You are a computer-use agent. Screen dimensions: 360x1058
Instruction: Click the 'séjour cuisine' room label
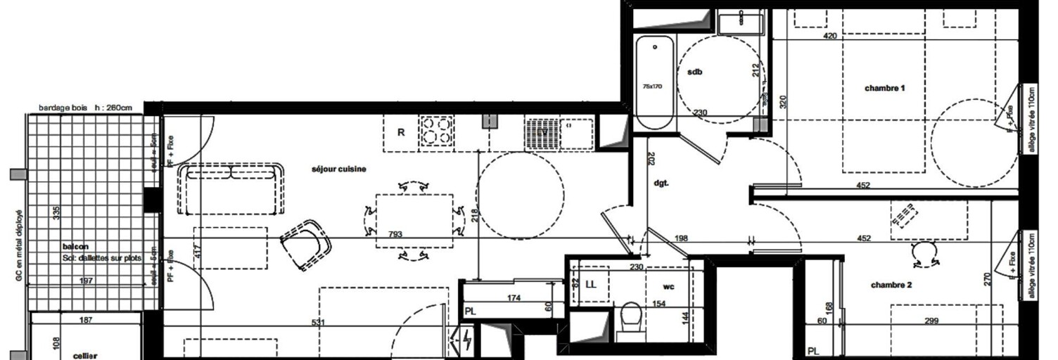pyautogui.click(x=340, y=169)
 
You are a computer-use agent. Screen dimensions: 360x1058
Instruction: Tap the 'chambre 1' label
pyautogui.click(x=884, y=88)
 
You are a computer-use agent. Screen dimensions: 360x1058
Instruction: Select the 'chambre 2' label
pyautogui.click(x=891, y=285)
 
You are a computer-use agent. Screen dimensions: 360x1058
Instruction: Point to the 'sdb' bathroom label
pyautogui.click(x=695, y=72)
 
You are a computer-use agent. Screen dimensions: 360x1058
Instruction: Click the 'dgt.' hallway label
pyautogui.click(x=661, y=184)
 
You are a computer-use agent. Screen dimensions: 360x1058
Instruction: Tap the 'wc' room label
pyautogui.click(x=670, y=287)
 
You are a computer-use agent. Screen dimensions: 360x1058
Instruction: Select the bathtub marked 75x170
pyautogui.click(x=654, y=82)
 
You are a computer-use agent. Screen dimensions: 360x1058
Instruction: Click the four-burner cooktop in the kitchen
pyautogui.click(x=436, y=131)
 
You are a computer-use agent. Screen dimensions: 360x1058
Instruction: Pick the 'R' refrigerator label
pyautogui.click(x=401, y=131)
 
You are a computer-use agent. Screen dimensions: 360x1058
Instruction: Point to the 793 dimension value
pyautogui.click(x=395, y=234)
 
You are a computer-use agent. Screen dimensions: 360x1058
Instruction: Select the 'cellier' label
pyautogui.click(x=85, y=356)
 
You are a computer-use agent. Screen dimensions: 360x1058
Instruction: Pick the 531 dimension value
pyautogui.click(x=319, y=323)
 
